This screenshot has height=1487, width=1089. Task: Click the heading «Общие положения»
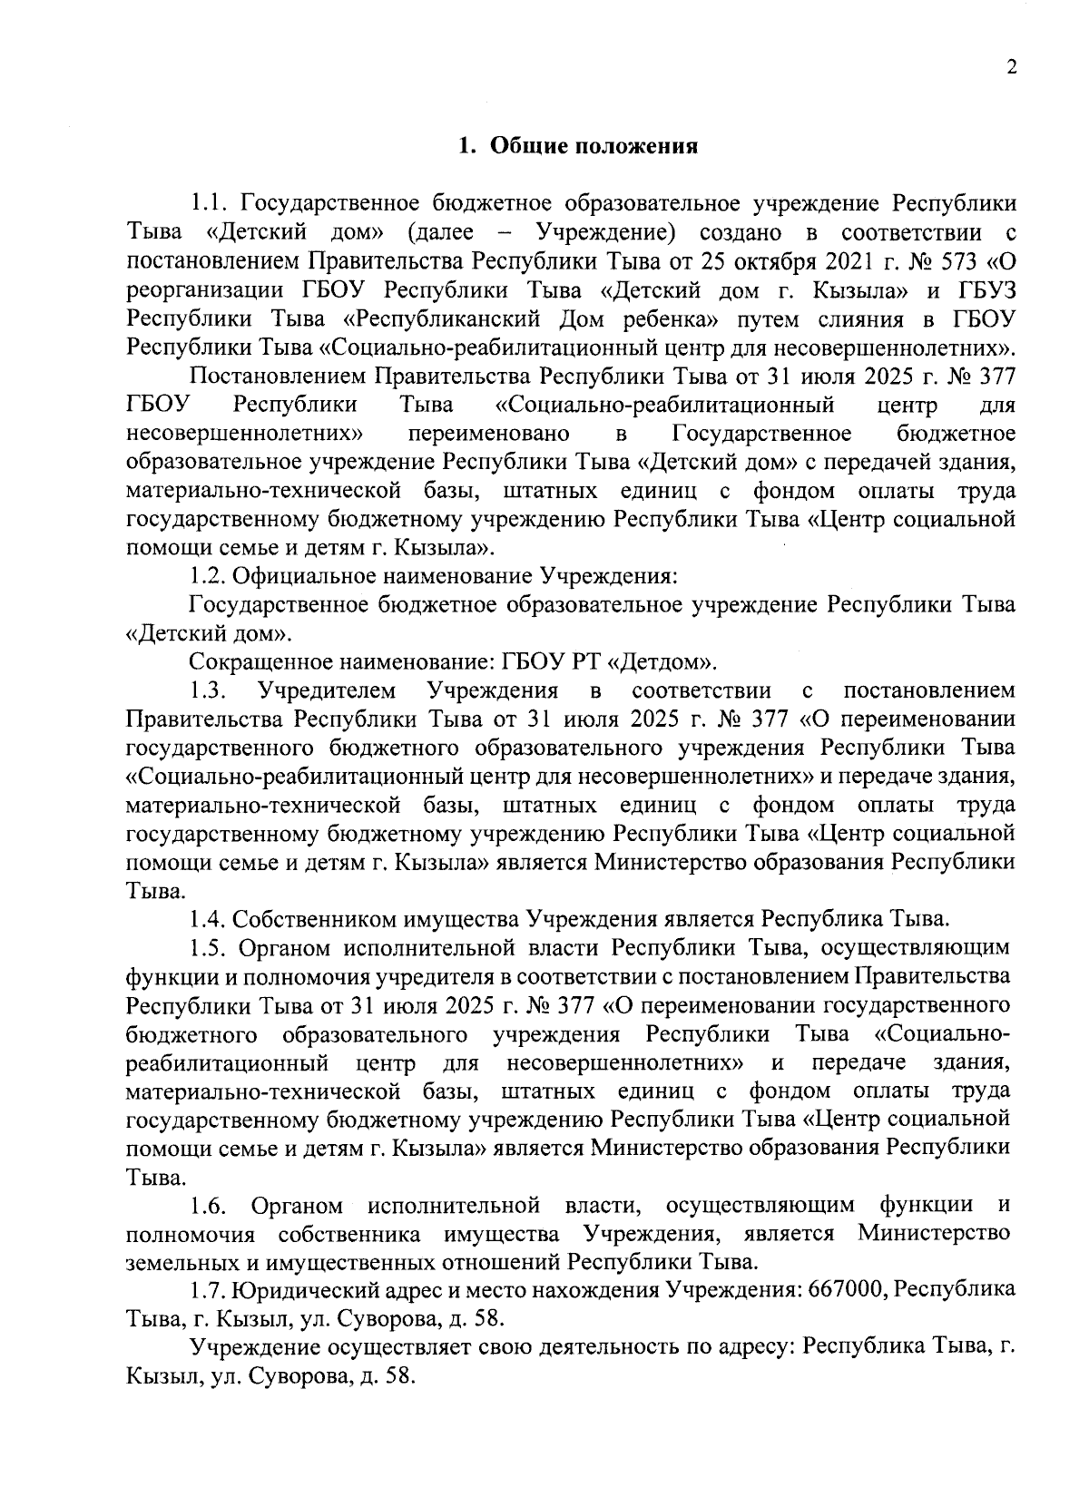click(594, 146)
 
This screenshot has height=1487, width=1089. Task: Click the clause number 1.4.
click(208, 919)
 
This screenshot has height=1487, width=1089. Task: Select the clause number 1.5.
click(208, 948)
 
